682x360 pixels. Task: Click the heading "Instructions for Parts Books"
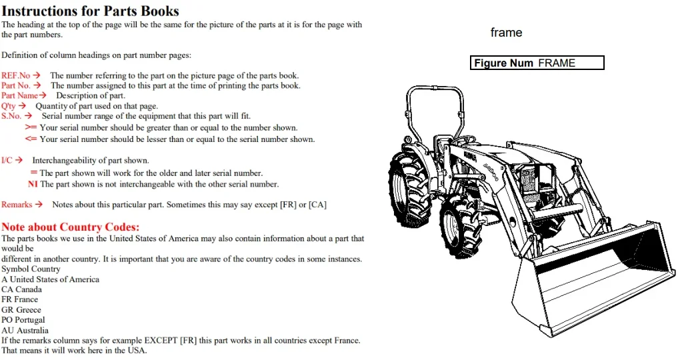(91, 11)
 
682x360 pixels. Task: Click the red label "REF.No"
(15, 75)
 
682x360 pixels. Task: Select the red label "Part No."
(15, 85)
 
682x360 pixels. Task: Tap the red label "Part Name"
(19, 95)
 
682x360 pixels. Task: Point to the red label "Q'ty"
(8, 106)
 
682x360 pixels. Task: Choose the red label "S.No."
(11, 116)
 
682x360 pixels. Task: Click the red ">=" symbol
(31, 127)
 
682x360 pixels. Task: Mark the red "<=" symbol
(31, 139)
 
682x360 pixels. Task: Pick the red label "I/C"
(7, 161)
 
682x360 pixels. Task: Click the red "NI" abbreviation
(33, 185)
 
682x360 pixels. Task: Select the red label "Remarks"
(17, 205)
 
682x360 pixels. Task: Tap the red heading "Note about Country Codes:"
(71, 227)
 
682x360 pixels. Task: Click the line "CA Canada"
(22, 289)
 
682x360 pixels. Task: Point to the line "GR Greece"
(21, 310)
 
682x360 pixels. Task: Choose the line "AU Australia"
(25, 331)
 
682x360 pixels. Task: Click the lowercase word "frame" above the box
(506, 33)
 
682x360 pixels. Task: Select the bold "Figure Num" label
(503, 63)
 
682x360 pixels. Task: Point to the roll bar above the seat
(434, 88)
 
